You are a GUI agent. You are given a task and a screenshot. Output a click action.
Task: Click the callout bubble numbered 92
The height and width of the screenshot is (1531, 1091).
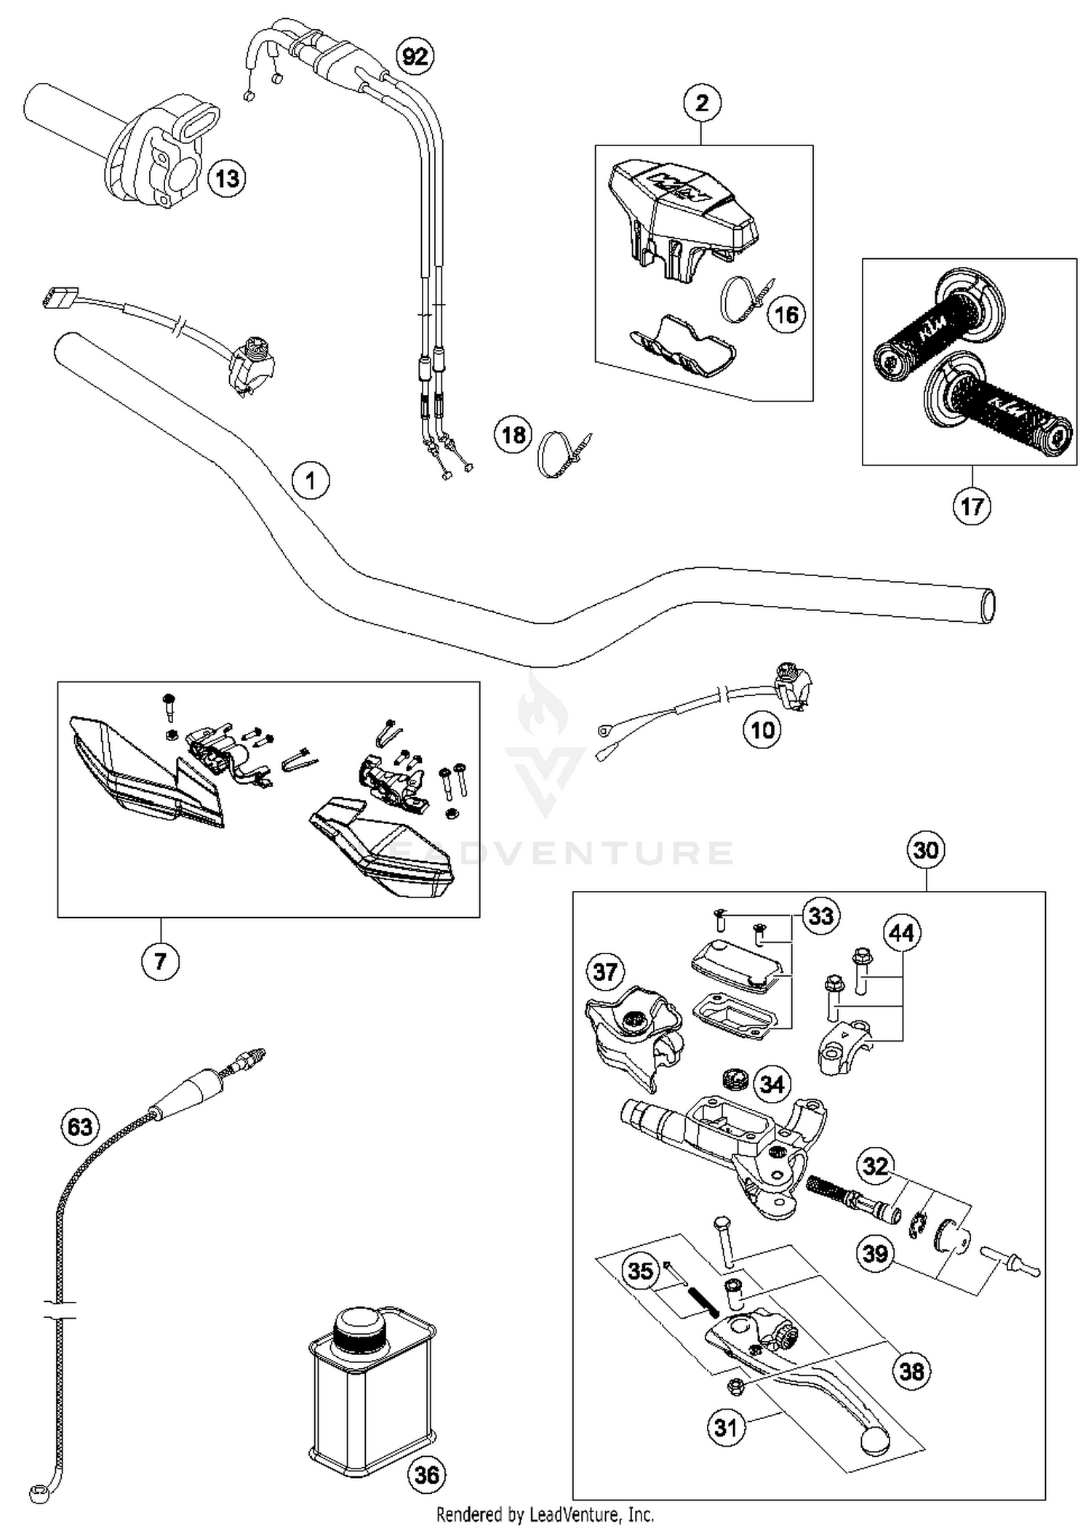point(415,56)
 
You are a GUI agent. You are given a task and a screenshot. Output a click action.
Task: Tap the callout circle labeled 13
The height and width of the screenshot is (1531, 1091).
point(227,177)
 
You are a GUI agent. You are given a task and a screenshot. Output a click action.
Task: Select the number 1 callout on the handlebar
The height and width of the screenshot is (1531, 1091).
point(311,481)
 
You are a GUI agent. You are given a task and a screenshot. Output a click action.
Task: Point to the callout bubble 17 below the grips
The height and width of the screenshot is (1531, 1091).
point(972,506)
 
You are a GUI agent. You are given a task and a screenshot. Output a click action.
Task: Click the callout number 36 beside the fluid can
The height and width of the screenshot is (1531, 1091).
point(427,1474)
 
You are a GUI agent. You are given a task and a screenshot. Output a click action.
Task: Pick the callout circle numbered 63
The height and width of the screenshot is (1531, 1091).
point(79,1127)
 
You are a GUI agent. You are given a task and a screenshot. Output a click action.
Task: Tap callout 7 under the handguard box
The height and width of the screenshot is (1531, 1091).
point(160,962)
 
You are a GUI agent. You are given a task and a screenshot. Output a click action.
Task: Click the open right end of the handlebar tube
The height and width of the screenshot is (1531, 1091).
point(988,605)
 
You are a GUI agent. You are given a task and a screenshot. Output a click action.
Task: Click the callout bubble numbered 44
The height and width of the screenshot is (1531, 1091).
point(901,932)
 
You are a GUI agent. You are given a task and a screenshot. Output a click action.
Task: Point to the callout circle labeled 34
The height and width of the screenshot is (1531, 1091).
point(772,1084)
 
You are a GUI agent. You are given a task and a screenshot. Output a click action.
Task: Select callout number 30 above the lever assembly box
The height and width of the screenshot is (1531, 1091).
point(925,850)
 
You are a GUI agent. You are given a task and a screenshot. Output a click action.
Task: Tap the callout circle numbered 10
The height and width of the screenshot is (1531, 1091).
point(762,729)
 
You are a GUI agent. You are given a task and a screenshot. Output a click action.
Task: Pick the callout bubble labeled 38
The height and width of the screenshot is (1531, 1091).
point(911,1371)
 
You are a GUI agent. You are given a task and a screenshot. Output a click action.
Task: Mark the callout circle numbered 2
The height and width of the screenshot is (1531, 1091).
point(701,103)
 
